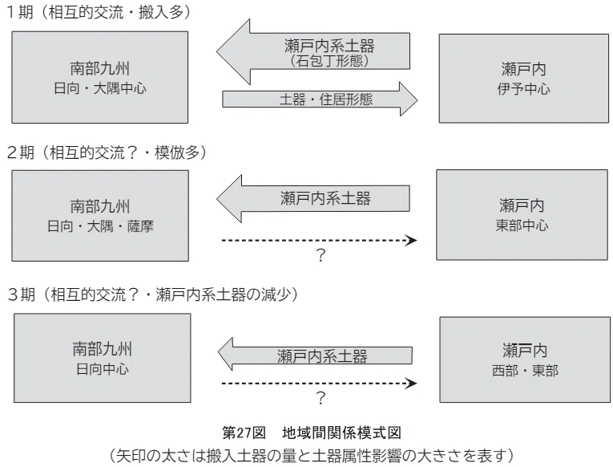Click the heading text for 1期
[99, 13]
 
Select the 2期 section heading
[107, 152]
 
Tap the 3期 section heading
[153, 294]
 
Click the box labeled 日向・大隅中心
[99, 78]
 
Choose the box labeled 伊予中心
[524, 79]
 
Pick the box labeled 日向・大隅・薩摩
[100, 216]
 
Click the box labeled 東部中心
[522, 215]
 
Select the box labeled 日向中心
[103, 358]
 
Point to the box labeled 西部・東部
[525, 359]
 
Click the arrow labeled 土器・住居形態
[320, 99]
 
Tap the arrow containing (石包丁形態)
[313, 51]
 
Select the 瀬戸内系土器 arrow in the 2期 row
[313, 198]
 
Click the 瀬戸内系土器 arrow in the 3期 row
[315, 355]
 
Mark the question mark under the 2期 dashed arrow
[321, 255]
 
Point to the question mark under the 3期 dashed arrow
[321, 398]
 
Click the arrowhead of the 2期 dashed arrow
[410, 240]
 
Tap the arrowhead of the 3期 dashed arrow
[410, 384]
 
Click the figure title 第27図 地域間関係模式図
[312, 432]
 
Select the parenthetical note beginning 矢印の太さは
[311, 455]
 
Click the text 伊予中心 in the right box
[523, 89]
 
